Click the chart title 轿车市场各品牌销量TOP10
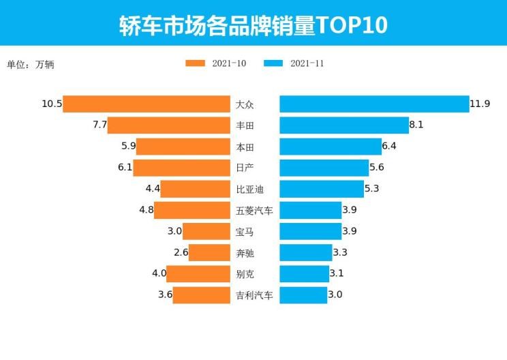point(253,25)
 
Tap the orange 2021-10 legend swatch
point(195,63)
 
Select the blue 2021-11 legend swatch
point(273,63)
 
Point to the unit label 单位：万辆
point(31,65)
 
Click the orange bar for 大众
point(147,104)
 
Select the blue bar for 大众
point(374,104)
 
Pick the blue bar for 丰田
point(344,125)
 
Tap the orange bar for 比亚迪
point(196,189)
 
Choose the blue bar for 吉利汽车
point(303,295)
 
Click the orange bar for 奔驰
point(210,253)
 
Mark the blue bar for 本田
point(331,146)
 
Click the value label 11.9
point(480,104)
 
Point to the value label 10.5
point(52,104)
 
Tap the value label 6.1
point(123,168)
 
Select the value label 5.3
point(374,189)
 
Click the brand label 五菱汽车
point(254,211)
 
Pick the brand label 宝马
point(245,232)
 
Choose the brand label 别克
point(245,274)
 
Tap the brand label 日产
point(245,168)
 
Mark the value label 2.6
point(181,253)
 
